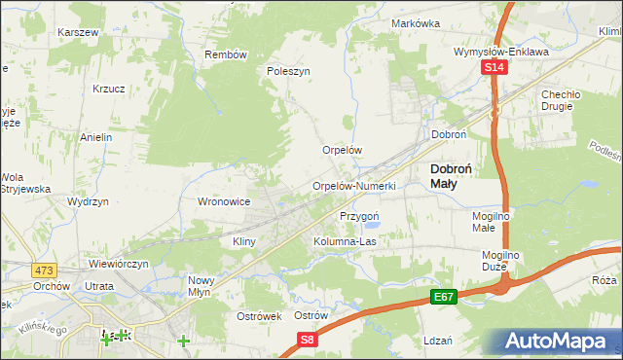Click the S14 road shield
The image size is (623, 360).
click(x=495, y=67)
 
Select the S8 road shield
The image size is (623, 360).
click(x=308, y=340)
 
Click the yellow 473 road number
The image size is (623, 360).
click(x=42, y=269)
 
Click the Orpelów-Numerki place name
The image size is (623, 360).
click(x=353, y=186)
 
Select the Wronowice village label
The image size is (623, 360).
click(x=225, y=201)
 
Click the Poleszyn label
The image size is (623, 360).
click(x=288, y=71)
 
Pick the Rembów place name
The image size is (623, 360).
click(x=226, y=54)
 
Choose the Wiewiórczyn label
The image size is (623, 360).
click(x=118, y=263)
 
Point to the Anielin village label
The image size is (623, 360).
click(x=97, y=137)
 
